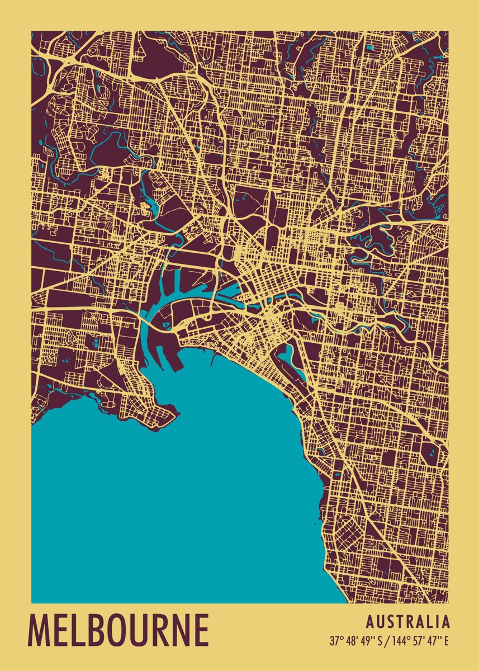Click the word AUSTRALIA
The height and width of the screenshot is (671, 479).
point(408,622)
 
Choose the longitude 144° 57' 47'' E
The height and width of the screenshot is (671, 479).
point(419,641)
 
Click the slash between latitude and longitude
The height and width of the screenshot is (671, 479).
point(386,641)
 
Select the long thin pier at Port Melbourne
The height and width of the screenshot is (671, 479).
point(212,358)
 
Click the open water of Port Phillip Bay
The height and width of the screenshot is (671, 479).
point(168,503)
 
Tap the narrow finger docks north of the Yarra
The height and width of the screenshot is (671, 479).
point(173,280)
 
